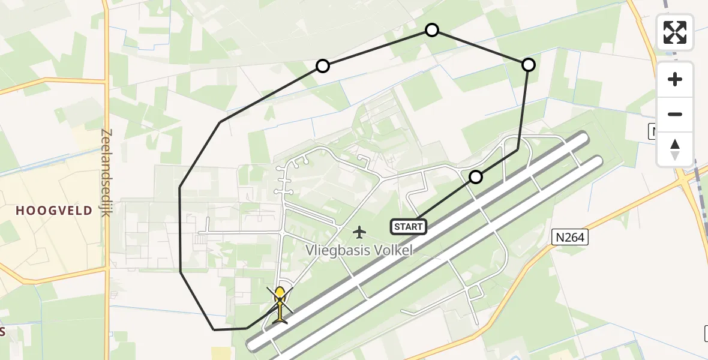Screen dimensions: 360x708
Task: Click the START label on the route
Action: [x=409, y=227]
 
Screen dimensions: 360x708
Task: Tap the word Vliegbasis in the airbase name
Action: [x=335, y=250]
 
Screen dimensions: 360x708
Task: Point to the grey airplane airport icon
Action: [x=359, y=232]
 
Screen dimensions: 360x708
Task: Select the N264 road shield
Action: [x=568, y=238]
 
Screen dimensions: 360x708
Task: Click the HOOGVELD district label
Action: [x=54, y=211]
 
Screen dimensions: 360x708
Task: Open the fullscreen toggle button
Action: [x=675, y=32]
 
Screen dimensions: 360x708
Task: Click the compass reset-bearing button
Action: [x=675, y=149]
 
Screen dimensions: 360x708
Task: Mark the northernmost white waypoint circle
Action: [x=432, y=30]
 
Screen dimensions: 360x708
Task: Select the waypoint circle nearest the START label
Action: [x=476, y=177]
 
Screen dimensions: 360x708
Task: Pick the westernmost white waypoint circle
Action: [x=323, y=66]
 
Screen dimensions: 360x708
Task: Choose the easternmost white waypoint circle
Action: [x=529, y=65]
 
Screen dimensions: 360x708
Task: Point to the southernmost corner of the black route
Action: [x=214, y=329]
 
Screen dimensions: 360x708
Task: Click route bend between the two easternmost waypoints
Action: [x=518, y=150]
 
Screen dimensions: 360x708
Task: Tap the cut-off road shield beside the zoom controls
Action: [x=653, y=131]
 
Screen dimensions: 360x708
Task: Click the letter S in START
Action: [x=397, y=227]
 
